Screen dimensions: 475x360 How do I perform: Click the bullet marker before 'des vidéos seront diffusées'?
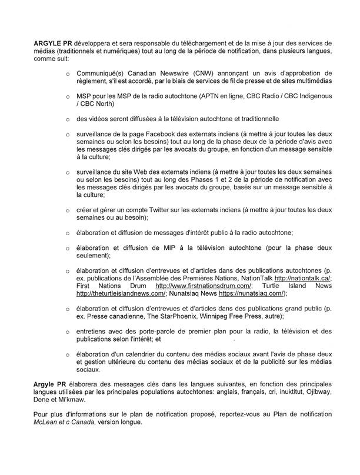pos(68,119)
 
